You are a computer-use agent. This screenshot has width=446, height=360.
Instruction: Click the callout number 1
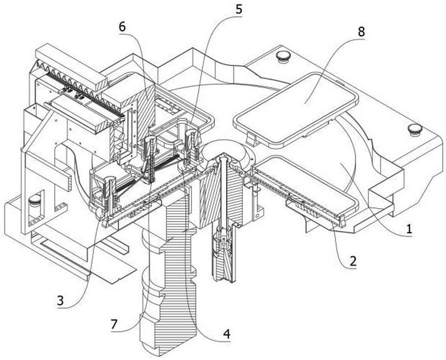[409, 229]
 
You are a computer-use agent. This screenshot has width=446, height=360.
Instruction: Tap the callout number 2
[353, 261]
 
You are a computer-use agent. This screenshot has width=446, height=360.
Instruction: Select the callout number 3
[60, 300]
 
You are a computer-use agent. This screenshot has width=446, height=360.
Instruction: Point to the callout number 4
[227, 334]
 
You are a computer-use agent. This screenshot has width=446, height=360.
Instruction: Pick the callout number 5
[238, 9]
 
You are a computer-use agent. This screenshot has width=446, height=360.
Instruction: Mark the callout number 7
[114, 324]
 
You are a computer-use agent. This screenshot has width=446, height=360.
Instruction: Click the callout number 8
[361, 32]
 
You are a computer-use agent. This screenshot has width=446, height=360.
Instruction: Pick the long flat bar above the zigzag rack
[70, 68]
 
